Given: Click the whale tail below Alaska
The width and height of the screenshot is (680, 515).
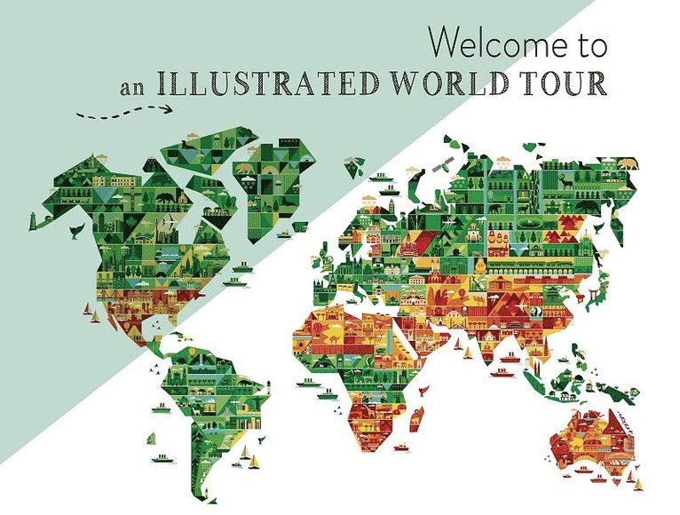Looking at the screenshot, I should [x=77, y=230].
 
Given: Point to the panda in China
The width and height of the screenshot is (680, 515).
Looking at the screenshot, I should [x=535, y=312].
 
